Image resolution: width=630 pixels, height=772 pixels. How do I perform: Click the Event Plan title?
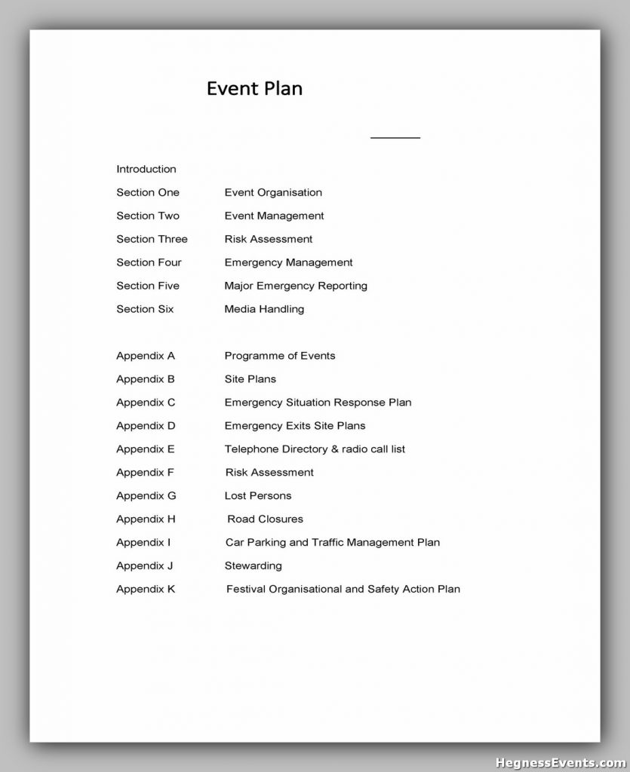(x=254, y=89)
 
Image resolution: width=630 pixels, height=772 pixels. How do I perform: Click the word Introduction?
(x=146, y=169)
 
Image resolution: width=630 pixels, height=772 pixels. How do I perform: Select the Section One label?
(x=148, y=192)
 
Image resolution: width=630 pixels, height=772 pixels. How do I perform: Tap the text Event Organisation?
(x=273, y=192)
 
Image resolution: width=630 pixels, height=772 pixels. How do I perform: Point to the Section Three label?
(x=152, y=239)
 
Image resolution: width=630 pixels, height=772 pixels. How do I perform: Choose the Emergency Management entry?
(x=288, y=262)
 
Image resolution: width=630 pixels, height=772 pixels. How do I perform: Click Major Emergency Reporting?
(x=296, y=286)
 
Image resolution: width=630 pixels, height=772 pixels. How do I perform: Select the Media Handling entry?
(x=264, y=309)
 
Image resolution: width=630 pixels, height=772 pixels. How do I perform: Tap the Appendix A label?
(x=146, y=356)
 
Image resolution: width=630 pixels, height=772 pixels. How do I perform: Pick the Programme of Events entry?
(x=280, y=356)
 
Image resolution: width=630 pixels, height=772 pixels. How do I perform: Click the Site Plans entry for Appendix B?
(x=250, y=379)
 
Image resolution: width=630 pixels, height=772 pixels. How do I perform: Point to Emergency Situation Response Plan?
(x=318, y=403)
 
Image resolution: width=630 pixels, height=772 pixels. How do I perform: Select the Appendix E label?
(x=146, y=449)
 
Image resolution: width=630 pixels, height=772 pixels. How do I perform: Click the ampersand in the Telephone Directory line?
(x=335, y=449)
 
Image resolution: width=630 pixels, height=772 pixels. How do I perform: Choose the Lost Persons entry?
(x=258, y=496)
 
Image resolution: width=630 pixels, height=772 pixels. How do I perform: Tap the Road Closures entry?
(x=266, y=519)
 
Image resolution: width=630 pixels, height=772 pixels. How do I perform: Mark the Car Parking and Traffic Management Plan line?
(x=333, y=543)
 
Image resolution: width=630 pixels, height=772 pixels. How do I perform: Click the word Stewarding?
(x=253, y=566)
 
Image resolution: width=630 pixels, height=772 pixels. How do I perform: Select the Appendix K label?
(x=146, y=590)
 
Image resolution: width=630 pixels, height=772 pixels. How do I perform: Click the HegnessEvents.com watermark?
(x=561, y=761)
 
